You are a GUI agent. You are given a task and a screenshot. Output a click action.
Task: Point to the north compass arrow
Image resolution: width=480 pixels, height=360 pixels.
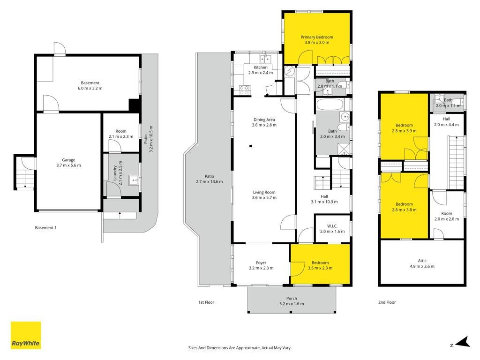click(x=463, y=342)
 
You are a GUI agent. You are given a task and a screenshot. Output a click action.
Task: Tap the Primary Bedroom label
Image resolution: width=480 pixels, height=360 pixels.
click(x=317, y=37)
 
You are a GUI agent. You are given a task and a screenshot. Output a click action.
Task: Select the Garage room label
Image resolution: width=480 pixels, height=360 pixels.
click(x=68, y=160)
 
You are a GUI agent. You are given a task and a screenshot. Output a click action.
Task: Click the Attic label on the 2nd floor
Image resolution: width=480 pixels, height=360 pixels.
click(x=422, y=261)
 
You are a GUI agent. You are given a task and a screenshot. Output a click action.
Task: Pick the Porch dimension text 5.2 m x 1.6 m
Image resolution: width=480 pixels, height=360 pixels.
click(x=292, y=304)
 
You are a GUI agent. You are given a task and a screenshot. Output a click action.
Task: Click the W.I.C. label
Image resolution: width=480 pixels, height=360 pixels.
click(x=332, y=226)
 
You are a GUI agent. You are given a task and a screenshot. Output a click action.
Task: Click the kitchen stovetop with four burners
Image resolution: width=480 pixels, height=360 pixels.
click(x=244, y=90)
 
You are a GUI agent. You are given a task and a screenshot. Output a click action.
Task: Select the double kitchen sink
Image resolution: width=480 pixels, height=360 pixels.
click(x=265, y=58)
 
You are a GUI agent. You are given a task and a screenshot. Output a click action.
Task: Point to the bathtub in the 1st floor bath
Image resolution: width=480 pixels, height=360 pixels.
click(x=330, y=105)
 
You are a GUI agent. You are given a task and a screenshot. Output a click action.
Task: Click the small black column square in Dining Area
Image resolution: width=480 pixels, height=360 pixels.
click(x=250, y=146)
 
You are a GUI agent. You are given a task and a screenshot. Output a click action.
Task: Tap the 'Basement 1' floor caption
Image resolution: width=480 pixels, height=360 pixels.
click(x=45, y=227)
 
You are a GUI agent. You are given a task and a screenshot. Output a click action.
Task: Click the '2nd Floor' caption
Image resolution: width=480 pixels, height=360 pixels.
click(x=387, y=302)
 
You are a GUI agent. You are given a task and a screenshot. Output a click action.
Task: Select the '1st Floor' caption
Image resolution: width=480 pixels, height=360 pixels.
click(x=206, y=302)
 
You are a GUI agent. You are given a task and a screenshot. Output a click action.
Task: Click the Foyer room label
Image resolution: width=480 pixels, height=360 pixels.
click(x=261, y=262)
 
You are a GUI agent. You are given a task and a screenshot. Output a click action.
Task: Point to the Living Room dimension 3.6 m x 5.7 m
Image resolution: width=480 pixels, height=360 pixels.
click(x=264, y=197)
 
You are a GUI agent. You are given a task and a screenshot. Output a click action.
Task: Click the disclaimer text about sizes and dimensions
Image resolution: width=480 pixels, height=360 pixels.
click(x=240, y=348)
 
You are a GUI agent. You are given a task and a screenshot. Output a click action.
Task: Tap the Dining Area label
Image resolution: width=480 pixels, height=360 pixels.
click(x=264, y=120)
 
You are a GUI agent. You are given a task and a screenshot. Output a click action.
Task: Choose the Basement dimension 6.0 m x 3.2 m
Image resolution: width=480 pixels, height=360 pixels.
click(x=90, y=88)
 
